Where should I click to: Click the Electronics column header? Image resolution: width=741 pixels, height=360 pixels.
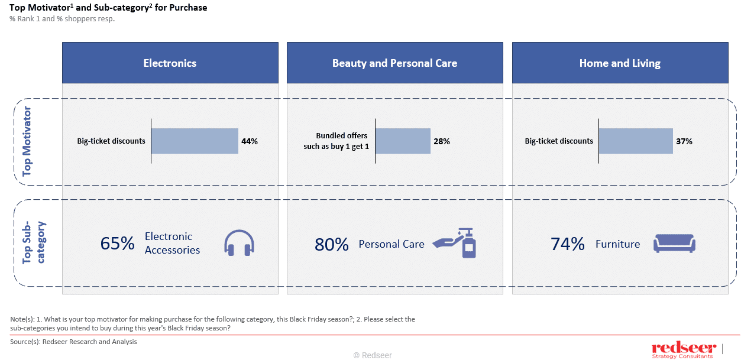170,63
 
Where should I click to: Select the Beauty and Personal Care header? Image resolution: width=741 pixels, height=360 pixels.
394,63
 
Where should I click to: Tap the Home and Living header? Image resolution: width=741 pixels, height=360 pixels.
620,63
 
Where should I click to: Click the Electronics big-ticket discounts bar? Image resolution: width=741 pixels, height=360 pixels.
195,141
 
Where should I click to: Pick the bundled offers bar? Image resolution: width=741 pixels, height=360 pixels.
403,141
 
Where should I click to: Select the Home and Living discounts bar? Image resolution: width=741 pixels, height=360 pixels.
636,141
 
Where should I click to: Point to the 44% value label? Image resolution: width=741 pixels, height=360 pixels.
250,141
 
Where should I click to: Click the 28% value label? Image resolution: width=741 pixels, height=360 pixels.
442,141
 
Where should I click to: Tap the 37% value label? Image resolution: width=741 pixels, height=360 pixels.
684,141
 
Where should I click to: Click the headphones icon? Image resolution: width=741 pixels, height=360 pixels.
239,243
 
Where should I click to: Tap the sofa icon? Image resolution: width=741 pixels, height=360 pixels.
674,244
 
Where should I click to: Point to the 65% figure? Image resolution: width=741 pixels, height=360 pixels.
117,244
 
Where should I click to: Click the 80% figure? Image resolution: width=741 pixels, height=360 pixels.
331,244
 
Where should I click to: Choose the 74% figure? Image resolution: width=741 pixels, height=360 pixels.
568,244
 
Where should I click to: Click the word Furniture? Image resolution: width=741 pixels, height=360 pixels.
617,244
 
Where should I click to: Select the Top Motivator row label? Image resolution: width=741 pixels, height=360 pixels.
27,142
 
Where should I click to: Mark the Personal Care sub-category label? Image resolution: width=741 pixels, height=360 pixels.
391,244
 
